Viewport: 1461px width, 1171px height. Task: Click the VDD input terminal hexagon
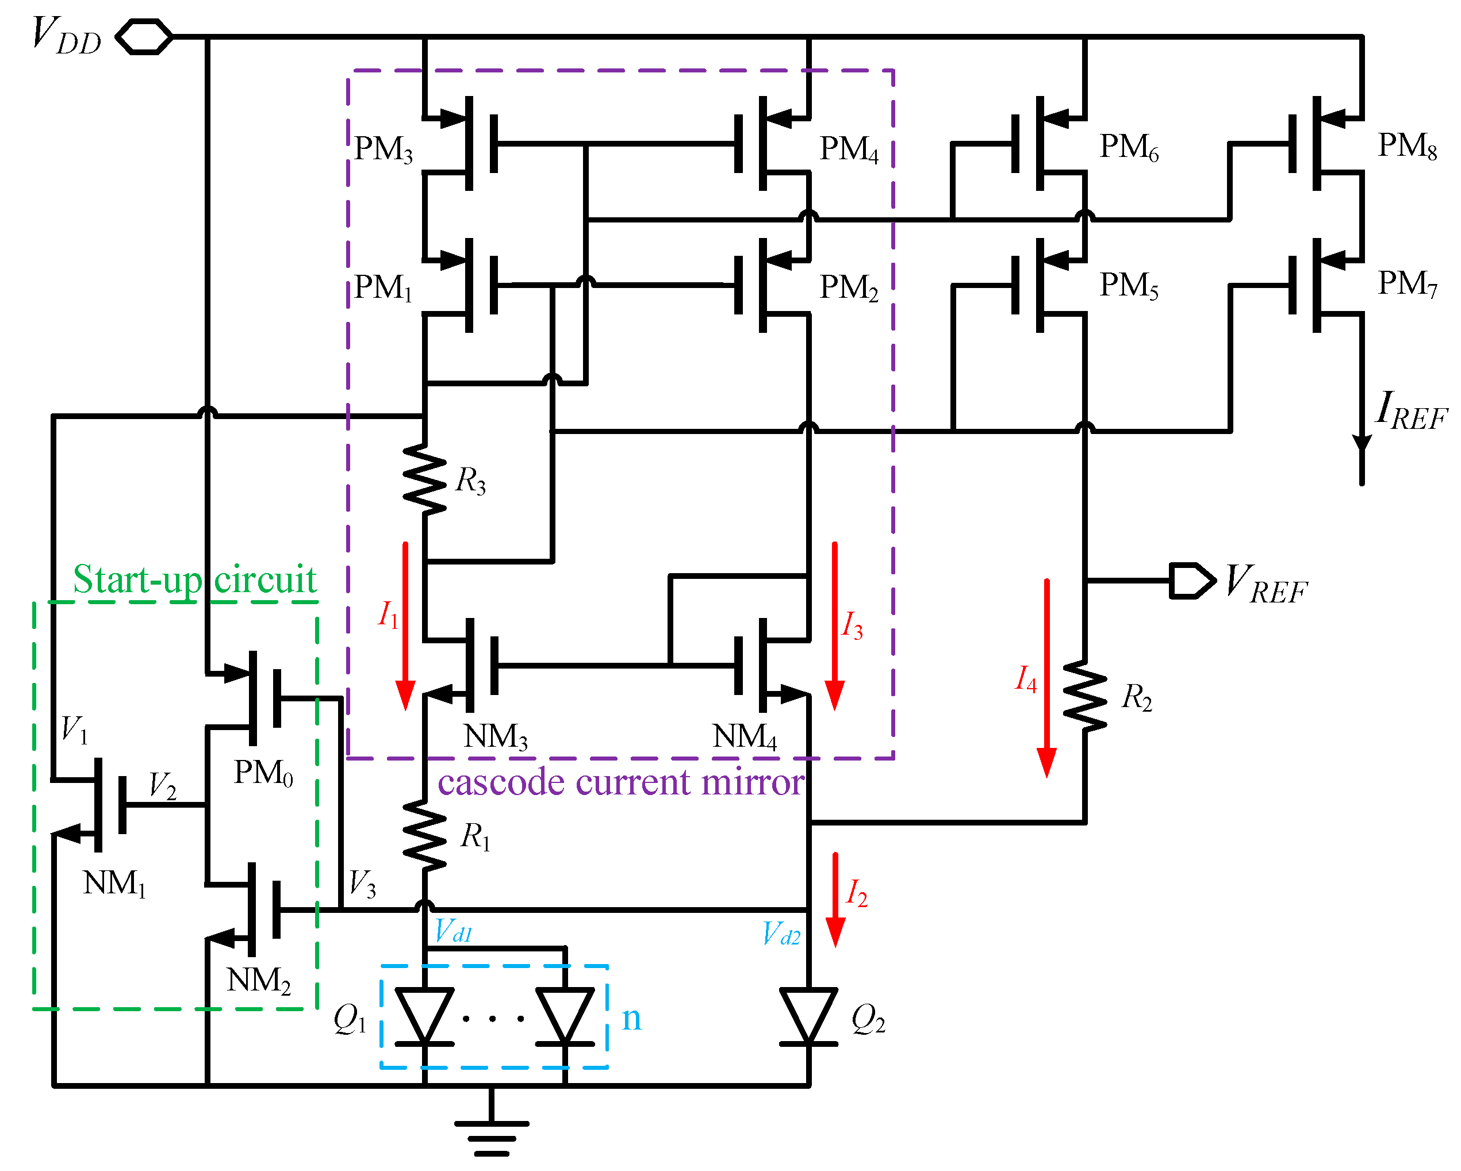tap(144, 37)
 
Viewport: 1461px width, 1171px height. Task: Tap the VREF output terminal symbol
tap(1191, 581)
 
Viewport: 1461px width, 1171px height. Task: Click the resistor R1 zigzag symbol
tap(425, 835)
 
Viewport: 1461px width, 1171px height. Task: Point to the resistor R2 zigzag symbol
tap(1085, 697)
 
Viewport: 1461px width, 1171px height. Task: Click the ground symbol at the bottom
tap(491, 1138)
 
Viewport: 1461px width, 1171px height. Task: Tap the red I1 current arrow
tap(405, 627)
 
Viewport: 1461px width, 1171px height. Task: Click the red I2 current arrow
tap(835, 900)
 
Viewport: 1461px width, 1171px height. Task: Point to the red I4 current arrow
tap(1046, 678)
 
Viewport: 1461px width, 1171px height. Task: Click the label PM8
tap(1407, 145)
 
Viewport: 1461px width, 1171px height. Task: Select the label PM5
tap(1128, 285)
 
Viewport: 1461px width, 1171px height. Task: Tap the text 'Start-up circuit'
tap(194, 580)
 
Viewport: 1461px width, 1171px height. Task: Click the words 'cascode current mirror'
tap(620, 783)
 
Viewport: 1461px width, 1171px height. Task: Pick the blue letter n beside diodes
tap(631, 1018)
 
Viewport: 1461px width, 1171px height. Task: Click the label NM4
tap(744, 736)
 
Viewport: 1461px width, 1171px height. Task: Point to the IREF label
tap(1411, 410)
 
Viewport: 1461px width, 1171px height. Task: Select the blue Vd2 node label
tap(781, 934)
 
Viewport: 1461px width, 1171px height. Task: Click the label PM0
tap(263, 773)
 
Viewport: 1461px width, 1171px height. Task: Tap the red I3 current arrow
tap(834, 627)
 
